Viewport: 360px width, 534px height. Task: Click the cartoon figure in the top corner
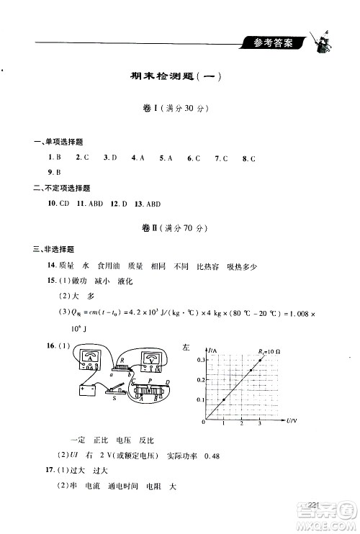click(319, 42)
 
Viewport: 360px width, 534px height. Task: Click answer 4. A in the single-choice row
click(138, 157)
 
